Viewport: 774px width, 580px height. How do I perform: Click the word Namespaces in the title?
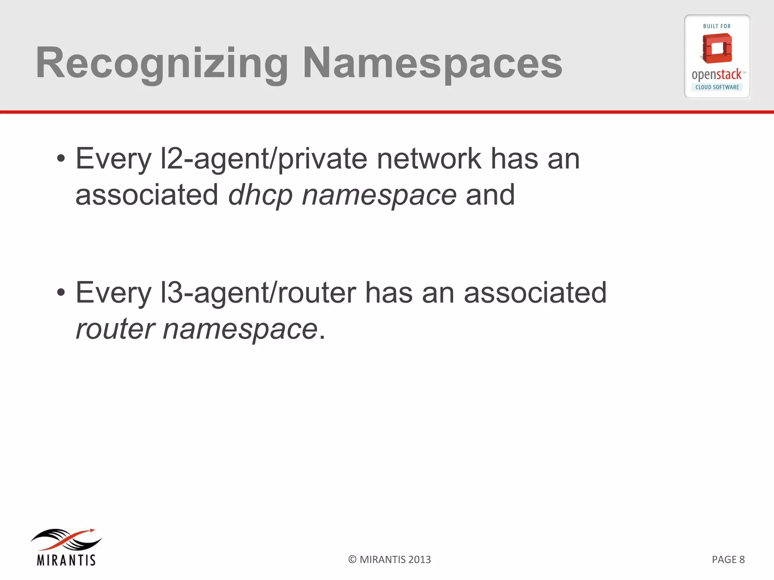(432, 63)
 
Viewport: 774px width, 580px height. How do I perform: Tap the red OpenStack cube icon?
(717, 48)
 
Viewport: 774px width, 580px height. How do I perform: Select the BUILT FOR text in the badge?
(717, 26)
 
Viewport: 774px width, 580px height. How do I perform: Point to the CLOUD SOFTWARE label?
(717, 87)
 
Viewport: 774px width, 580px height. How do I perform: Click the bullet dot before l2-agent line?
(61, 159)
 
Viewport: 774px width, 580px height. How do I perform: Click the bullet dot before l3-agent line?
(61, 292)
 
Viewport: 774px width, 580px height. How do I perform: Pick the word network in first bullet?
(429, 159)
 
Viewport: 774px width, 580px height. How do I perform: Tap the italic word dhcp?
(260, 195)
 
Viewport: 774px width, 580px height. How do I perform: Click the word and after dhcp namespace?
(490, 195)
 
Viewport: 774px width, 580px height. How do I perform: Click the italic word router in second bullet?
(115, 329)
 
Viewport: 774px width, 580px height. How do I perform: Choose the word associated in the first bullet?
(147, 195)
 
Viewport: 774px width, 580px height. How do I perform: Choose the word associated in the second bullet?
(535, 292)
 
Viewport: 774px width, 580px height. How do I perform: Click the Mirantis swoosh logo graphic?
(66, 539)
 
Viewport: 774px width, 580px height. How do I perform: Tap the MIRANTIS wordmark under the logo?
(66, 560)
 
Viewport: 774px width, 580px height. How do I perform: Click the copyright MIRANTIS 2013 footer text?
(389, 560)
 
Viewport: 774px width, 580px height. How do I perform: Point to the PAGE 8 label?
(728, 560)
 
